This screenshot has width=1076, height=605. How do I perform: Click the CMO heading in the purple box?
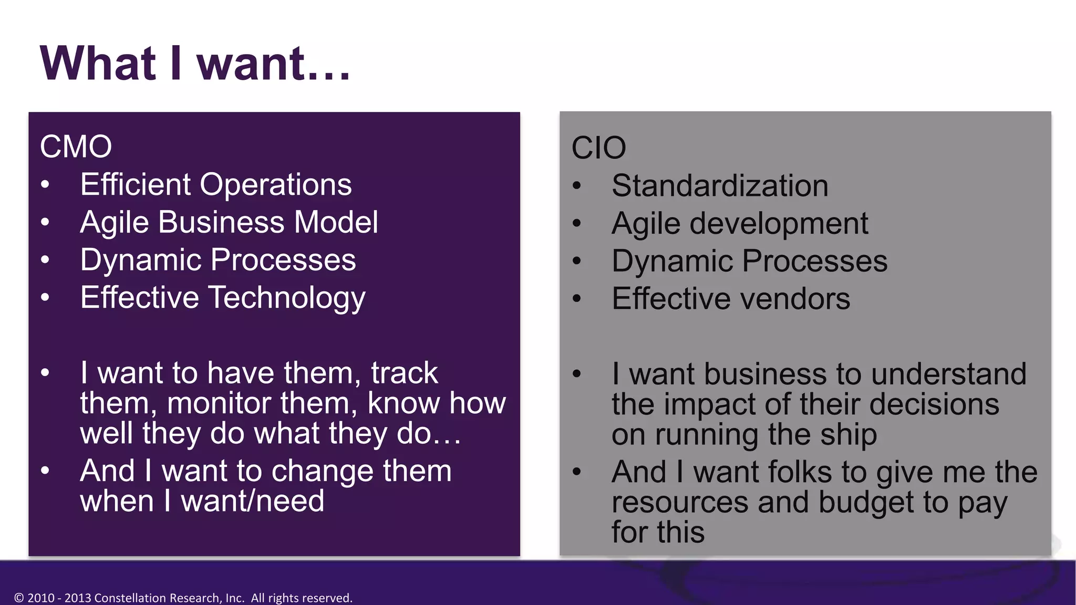click(76, 147)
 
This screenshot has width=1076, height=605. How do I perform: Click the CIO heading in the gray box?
click(598, 148)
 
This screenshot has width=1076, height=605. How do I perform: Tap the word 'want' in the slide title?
click(251, 64)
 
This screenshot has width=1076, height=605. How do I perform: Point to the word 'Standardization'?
click(720, 186)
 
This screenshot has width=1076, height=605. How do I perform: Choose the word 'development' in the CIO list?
click(779, 224)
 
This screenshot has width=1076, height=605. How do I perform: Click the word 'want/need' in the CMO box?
click(252, 501)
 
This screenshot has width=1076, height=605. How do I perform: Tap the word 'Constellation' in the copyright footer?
click(129, 598)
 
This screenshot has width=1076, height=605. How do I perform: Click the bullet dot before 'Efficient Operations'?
click(45, 185)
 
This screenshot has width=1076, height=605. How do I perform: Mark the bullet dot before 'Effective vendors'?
click(577, 299)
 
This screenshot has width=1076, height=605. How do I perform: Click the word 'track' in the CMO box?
click(404, 373)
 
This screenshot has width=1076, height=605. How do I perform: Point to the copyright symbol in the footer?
click(19, 598)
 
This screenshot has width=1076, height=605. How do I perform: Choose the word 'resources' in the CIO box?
click(680, 503)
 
